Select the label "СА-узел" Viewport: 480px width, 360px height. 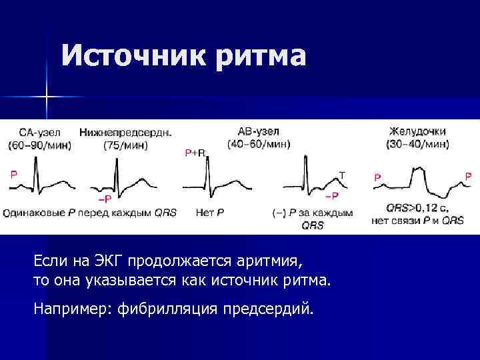click(39, 133)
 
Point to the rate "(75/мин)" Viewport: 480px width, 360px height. click(125, 145)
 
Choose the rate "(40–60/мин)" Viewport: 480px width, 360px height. click(259, 144)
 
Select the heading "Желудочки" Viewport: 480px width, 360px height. click(417, 132)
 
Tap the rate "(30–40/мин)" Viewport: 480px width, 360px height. click(417, 144)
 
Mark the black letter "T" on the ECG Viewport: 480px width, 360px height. click(342, 175)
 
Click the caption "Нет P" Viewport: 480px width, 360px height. click(211, 213)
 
